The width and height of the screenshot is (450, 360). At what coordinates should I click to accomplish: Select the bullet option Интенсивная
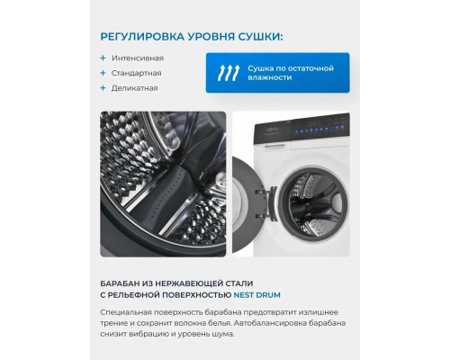click(x=138, y=58)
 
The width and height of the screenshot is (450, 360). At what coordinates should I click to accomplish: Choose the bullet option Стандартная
click(x=137, y=73)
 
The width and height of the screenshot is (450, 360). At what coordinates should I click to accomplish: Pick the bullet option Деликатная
click(x=136, y=88)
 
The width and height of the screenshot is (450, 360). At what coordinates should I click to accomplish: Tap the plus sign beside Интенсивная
click(x=103, y=58)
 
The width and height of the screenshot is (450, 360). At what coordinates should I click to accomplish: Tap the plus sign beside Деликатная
click(x=103, y=88)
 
